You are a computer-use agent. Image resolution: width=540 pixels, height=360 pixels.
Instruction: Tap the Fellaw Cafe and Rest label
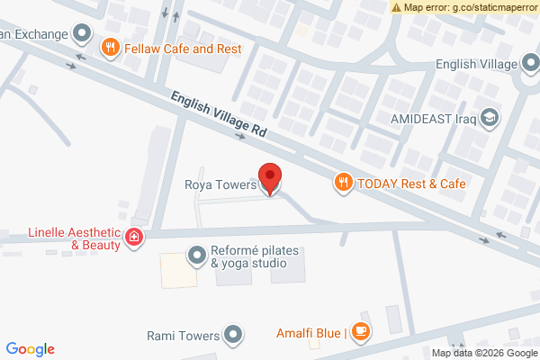click(x=184, y=48)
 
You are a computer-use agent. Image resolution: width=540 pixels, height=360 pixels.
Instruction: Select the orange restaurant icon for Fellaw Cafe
click(x=111, y=48)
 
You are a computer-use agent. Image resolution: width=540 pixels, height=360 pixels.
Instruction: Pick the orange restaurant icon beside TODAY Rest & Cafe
click(x=343, y=184)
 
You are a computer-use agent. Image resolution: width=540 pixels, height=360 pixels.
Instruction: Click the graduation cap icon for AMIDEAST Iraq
click(x=490, y=118)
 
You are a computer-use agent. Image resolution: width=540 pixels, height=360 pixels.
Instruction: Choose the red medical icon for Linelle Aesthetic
click(x=134, y=238)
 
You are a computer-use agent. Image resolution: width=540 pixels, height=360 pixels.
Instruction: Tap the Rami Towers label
click(x=183, y=336)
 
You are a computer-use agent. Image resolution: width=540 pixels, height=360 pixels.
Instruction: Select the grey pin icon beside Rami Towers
click(x=234, y=336)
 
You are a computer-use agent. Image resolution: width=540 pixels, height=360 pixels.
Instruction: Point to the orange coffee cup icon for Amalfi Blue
click(x=360, y=331)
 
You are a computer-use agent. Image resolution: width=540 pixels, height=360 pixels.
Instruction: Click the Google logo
click(x=30, y=349)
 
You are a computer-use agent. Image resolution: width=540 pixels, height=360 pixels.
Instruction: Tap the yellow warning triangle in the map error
click(x=396, y=7)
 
